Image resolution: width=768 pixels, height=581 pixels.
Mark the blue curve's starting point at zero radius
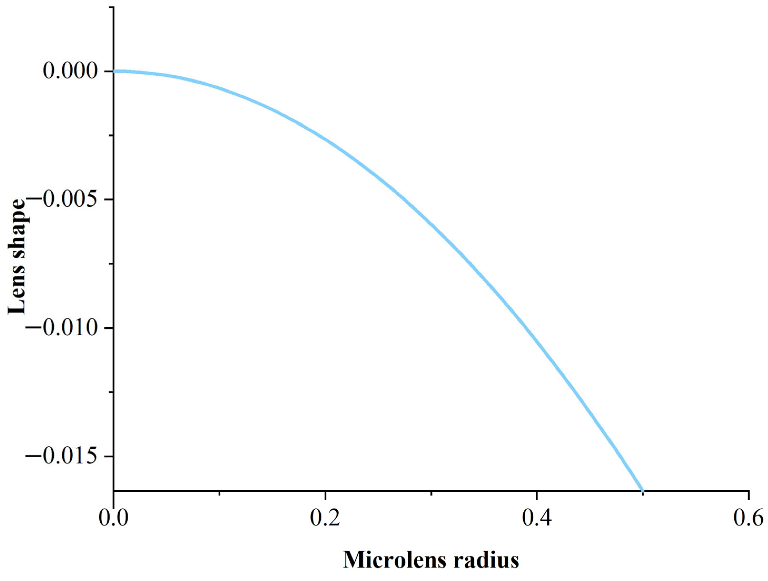(114, 71)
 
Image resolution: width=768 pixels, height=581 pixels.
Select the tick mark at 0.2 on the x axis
(325, 495)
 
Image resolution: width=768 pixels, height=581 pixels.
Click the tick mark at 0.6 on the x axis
(748, 495)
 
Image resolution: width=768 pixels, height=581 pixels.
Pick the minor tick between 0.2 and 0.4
(431, 493)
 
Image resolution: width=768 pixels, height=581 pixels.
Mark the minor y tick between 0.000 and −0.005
(111, 135)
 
